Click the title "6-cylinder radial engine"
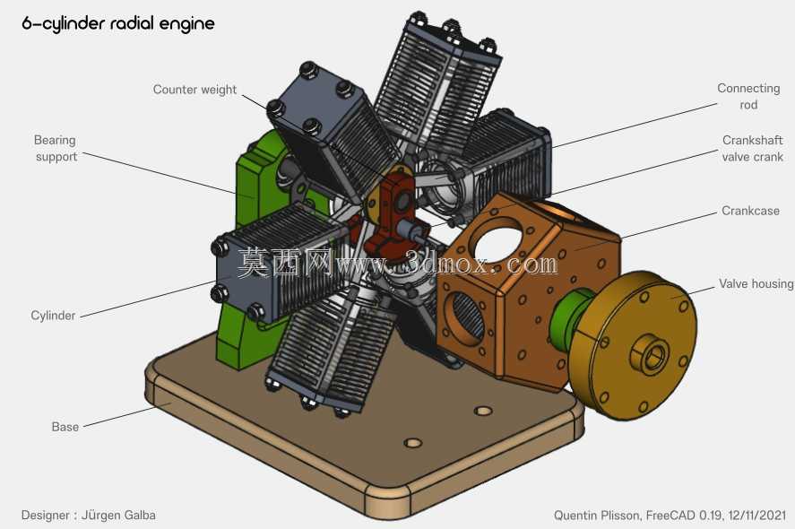pos(118,24)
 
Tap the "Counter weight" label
pos(194,90)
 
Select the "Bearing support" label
pos(56,148)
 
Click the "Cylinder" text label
pos(53,316)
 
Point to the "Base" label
pos(65,427)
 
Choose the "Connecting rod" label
pos(748,96)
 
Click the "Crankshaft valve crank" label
pos(752,148)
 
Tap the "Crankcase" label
pos(750,211)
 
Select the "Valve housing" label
pos(756,284)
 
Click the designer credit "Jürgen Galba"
pos(118,516)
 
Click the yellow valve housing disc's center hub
pos(650,353)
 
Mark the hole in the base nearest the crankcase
pos(483,411)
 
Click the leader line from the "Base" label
pos(119,417)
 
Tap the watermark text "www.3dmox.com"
pos(446,264)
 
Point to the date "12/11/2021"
pos(757,516)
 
